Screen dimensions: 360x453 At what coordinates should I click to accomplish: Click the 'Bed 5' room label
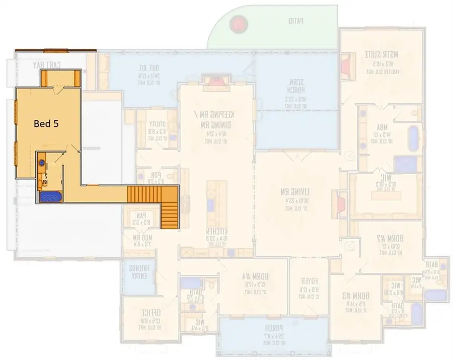click(x=48, y=123)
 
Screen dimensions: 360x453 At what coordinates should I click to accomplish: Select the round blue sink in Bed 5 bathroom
click(x=43, y=163)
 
